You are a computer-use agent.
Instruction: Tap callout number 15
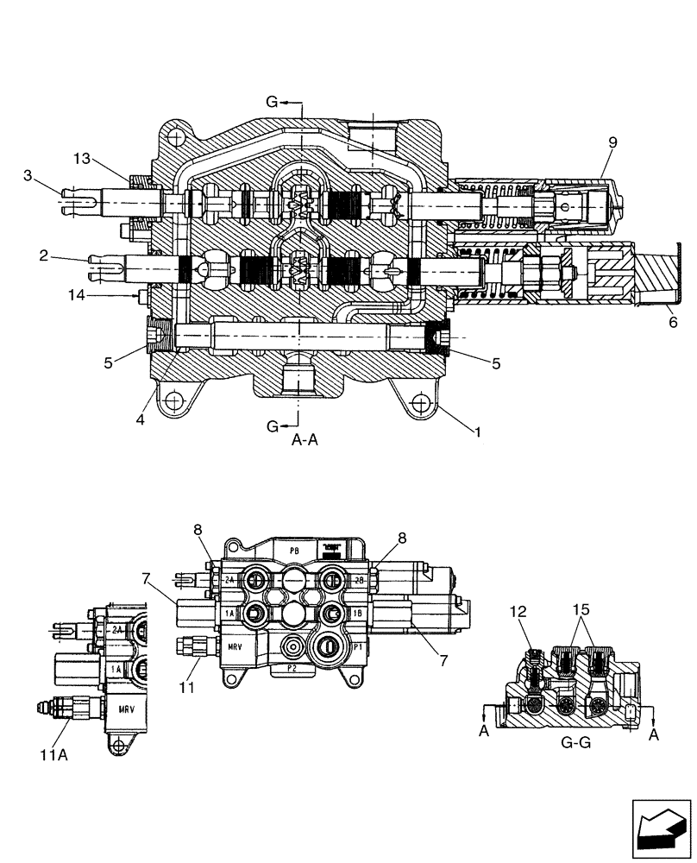click(580, 610)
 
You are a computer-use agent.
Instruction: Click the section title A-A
click(305, 439)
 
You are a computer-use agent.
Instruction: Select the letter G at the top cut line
click(273, 102)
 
